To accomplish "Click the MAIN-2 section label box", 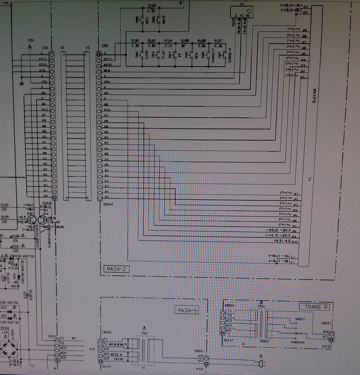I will [x=116, y=269].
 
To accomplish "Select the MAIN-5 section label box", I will [x=188, y=310].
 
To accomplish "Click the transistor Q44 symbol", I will [x=43, y=220].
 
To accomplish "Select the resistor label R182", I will [x=135, y=41].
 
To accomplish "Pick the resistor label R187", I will [x=218, y=41].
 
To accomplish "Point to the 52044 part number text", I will [x=108, y=204].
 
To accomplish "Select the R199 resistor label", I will [x=5, y=205].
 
